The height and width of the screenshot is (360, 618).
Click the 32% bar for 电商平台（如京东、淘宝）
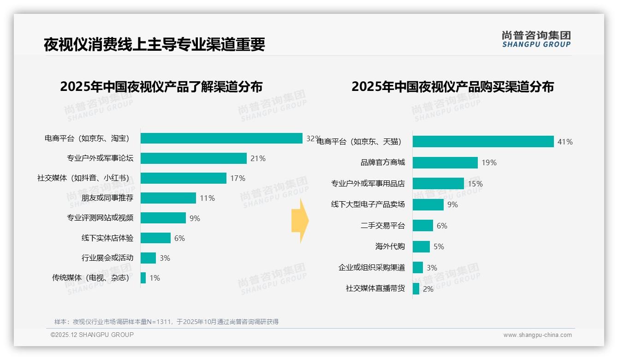pyautogui.click(x=221, y=138)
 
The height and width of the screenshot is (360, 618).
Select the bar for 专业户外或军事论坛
pyautogui.click(x=194, y=158)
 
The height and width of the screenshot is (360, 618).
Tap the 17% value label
pyautogui.click(x=238, y=178)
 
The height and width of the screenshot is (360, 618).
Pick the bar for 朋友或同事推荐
pyautogui.click(x=168, y=198)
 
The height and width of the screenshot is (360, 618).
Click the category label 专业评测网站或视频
pyautogui.click(x=100, y=218)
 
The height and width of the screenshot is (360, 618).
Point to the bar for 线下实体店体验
pyautogui.click(x=155, y=238)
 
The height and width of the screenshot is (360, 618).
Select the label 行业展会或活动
pyautogui.click(x=107, y=258)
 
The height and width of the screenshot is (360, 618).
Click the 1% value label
pyautogui.click(x=154, y=278)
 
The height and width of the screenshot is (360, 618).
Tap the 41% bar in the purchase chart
pyautogui.click(x=483, y=142)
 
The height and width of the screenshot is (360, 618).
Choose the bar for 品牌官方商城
pyautogui.click(x=445, y=162)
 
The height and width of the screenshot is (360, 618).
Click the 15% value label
pyautogui.click(x=475, y=184)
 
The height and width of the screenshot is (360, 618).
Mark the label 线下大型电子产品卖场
pyautogui.click(x=368, y=204)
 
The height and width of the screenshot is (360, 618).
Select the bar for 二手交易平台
pyautogui.click(x=423, y=225)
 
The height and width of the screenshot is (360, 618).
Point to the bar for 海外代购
pyautogui.click(x=421, y=246)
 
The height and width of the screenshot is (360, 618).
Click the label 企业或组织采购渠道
pyautogui.click(x=372, y=268)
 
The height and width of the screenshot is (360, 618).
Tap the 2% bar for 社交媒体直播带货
pyautogui.click(x=416, y=289)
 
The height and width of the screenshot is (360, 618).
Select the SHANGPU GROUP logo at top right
pyautogui.click(x=536, y=39)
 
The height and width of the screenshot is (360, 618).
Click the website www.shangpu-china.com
pyautogui.click(x=537, y=335)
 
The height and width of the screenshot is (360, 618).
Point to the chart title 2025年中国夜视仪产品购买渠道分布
pyautogui.click(x=452, y=87)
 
